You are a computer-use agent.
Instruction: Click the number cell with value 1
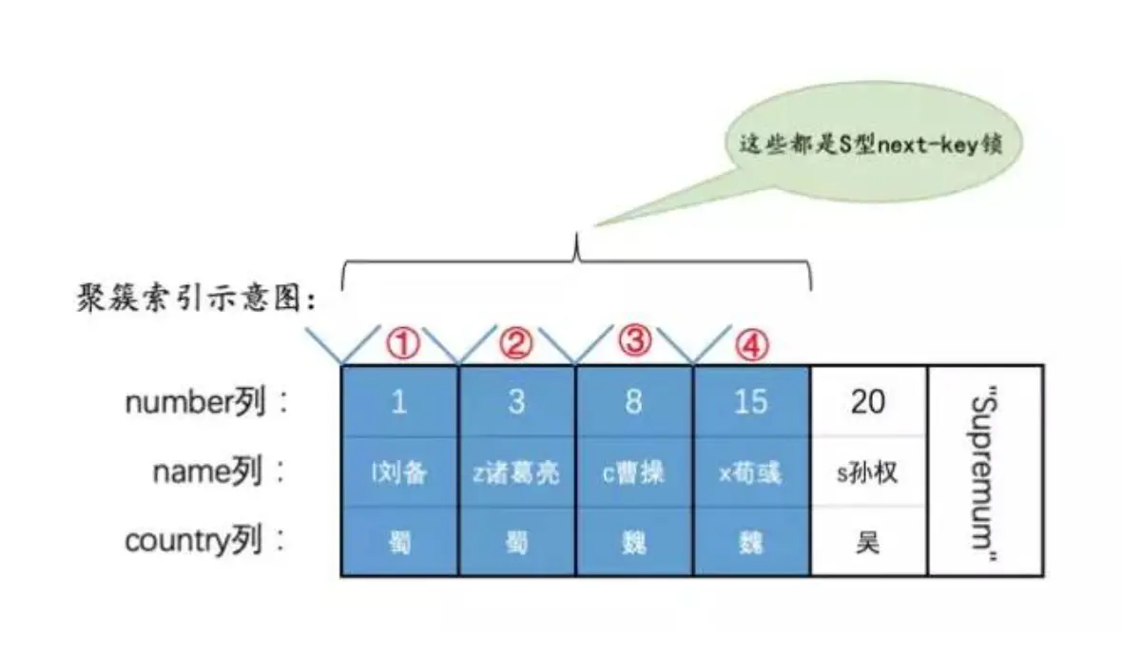click(399, 401)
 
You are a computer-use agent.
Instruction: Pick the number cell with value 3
click(516, 401)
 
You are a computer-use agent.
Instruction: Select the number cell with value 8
click(633, 401)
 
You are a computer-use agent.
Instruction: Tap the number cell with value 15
click(750, 401)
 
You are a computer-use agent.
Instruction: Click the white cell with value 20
click(867, 401)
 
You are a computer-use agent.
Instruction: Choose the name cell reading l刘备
click(399, 473)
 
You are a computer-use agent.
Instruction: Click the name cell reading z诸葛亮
click(516, 473)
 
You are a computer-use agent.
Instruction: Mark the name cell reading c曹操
click(633, 473)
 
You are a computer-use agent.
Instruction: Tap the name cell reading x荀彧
click(750, 473)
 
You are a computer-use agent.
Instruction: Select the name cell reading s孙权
click(867, 473)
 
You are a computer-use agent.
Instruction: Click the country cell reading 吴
click(867, 543)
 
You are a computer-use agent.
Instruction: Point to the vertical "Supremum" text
click(985, 472)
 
